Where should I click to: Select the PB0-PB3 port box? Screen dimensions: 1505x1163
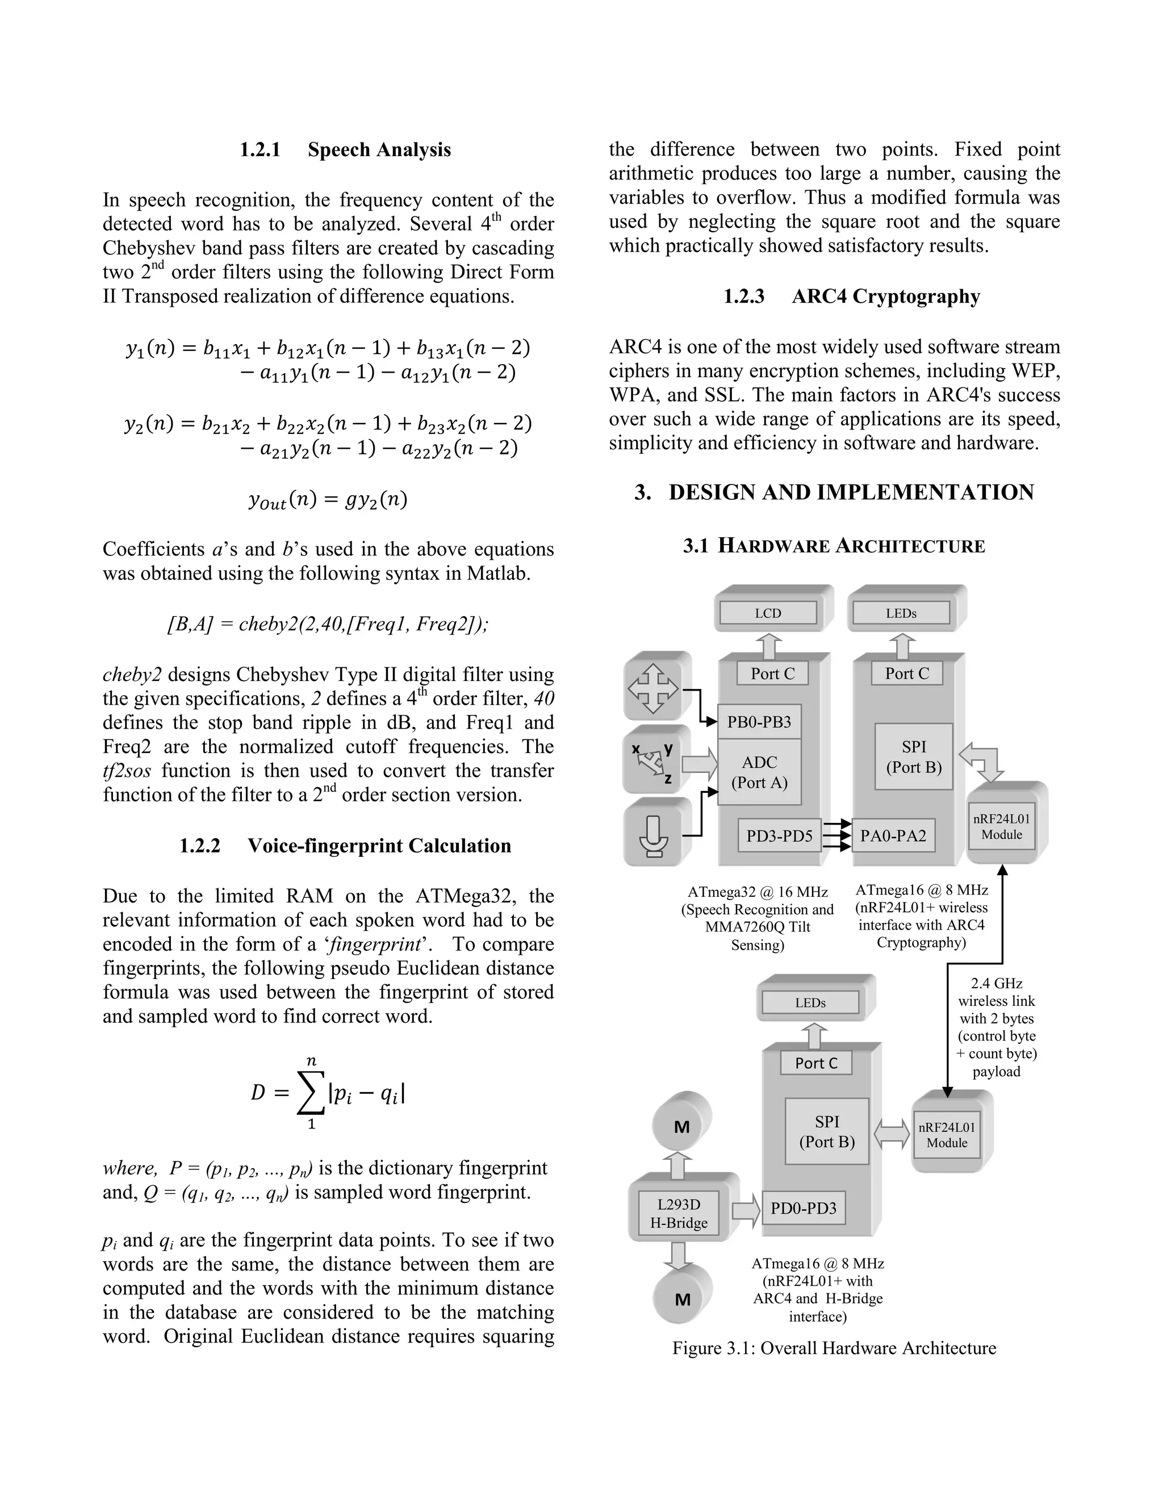759,721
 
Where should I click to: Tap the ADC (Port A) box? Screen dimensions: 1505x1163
759,772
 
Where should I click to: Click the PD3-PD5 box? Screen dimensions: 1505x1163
779,835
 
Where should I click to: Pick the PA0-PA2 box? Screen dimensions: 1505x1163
893,835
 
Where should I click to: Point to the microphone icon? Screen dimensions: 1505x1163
654,834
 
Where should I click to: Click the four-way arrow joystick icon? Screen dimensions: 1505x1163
653,687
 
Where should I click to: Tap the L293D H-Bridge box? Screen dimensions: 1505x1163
679,1214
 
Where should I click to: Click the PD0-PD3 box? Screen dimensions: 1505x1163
804,1208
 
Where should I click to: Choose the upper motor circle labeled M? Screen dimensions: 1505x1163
681,1127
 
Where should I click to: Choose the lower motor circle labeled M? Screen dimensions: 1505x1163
682,1299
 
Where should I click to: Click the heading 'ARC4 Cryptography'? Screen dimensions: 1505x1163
885,296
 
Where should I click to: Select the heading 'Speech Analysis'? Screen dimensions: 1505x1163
379,149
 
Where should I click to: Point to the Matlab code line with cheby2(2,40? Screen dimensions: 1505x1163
328,624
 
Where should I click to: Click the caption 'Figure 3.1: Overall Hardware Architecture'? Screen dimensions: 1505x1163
834,1348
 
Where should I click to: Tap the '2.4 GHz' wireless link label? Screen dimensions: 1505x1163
996,983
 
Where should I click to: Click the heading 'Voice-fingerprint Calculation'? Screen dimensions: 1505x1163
379,846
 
